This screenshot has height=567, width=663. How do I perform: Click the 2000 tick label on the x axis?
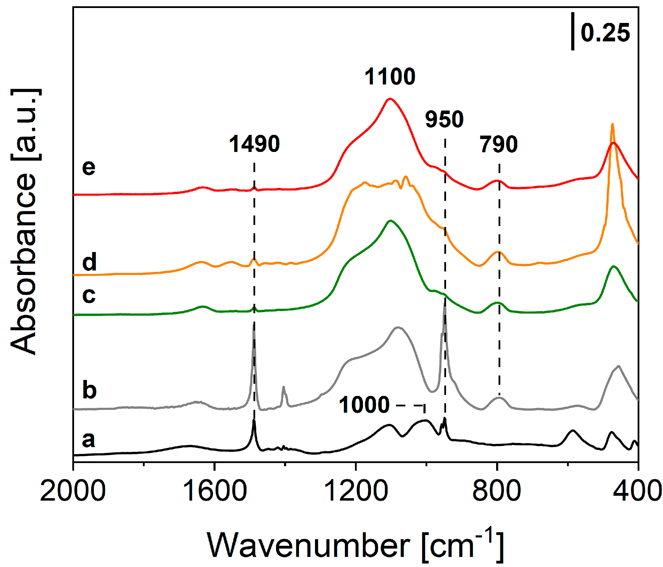(x=73, y=491)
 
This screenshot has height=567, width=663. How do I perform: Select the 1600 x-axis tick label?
(x=215, y=491)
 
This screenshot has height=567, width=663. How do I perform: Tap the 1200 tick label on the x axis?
(x=356, y=491)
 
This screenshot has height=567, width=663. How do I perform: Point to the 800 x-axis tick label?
(x=497, y=491)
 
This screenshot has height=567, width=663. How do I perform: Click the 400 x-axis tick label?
(x=637, y=491)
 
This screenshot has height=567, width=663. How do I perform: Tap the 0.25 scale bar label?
(x=605, y=33)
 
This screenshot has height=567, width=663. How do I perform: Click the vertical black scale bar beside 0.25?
(x=573, y=31)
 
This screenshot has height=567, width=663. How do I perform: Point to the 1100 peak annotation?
(x=390, y=77)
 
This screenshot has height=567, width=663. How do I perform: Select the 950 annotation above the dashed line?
(x=444, y=119)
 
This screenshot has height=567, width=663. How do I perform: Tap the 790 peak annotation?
(x=499, y=144)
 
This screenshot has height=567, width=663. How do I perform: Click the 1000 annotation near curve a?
(x=364, y=405)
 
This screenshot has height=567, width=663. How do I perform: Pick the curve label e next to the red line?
(x=89, y=167)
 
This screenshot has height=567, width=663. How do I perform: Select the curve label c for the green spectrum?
(x=89, y=295)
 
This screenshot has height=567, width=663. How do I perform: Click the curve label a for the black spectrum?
(x=89, y=439)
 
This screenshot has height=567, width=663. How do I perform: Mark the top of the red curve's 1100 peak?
(x=390, y=99)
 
